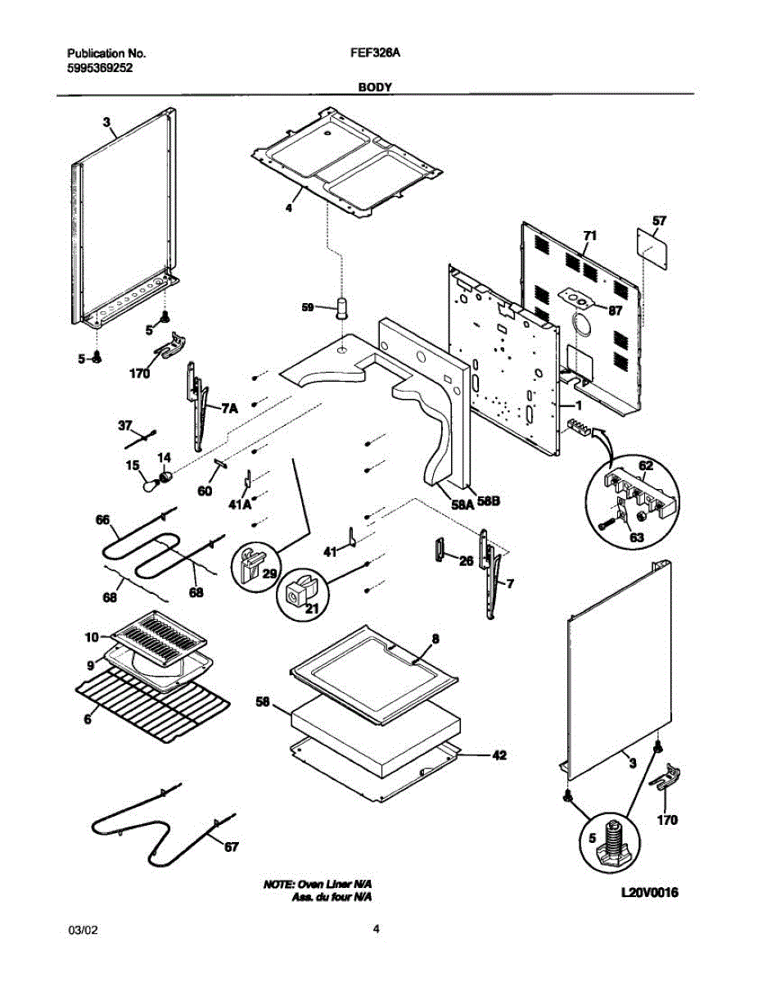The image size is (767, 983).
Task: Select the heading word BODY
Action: pos(374,86)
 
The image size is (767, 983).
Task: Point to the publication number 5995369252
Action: pos(100,69)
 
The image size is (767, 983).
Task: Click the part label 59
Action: pos(308,307)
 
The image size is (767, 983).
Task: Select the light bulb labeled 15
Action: pos(148,485)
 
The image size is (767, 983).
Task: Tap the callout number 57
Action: pos(659,220)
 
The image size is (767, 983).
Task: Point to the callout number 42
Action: pos(499,757)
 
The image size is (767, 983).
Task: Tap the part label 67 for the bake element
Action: pos(231,847)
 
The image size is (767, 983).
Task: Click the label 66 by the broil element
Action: pos(102,519)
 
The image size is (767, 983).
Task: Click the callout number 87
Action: pos(615,310)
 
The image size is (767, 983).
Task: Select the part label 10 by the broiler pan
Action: pos(91,636)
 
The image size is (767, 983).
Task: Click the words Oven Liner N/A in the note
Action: pos(336,886)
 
